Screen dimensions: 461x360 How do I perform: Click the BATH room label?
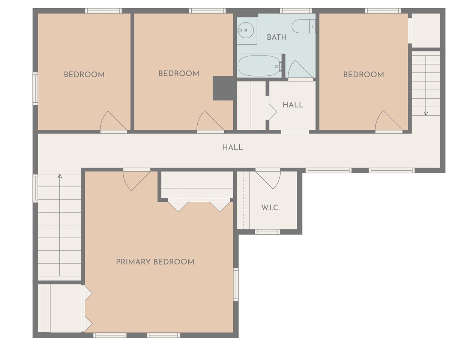[x=277, y=37]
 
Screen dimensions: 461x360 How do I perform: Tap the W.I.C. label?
[x=270, y=207]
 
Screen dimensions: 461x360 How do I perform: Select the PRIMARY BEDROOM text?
[x=155, y=262]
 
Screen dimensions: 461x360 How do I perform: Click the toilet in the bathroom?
[x=303, y=26]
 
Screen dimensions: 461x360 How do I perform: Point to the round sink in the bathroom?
[x=246, y=30]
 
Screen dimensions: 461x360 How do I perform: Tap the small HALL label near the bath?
[x=293, y=105]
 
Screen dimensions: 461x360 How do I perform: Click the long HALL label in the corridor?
[x=233, y=147]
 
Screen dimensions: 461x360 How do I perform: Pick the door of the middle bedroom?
[x=210, y=121]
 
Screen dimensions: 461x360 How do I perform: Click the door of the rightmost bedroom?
[x=389, y=121]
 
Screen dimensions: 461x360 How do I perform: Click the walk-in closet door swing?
[x=268, y=180]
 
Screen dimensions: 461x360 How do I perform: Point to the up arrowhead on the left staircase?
[x=60, y=176]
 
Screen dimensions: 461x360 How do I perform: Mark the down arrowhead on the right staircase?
[x=426, y=113]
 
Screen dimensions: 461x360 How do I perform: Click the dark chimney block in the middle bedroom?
[x=223, y=88]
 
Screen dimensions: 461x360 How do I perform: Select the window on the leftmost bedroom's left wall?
[x=35, y=88]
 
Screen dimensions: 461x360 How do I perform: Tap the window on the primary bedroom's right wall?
[x=236, y=284]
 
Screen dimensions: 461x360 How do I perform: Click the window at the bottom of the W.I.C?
[x=267, y=232]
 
